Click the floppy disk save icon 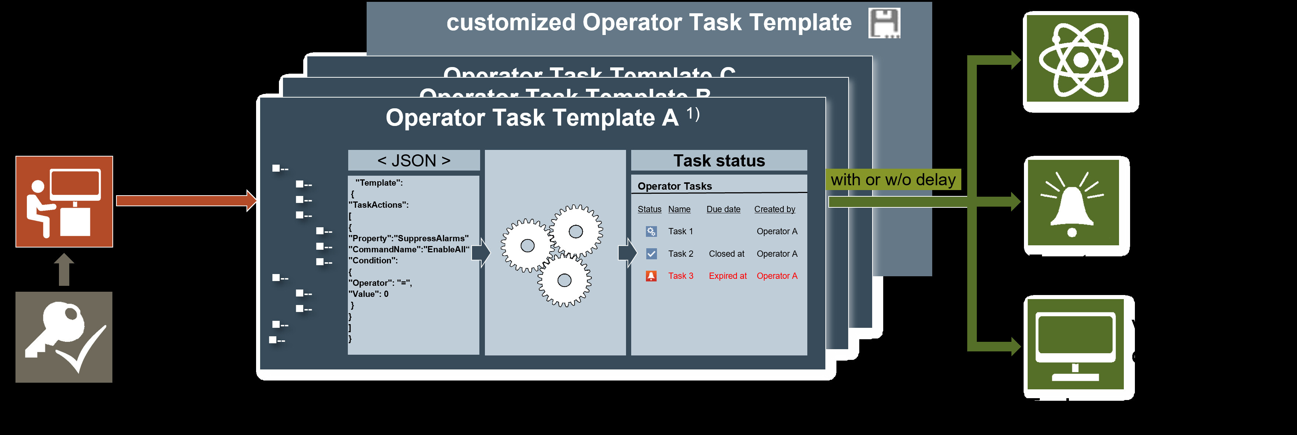(884, 23)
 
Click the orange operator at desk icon (64, 201)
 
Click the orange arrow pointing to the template (186, 201)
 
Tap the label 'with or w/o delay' (893, 180)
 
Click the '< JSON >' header (413, 161)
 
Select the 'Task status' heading (719, 161)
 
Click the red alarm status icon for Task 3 (651, 276)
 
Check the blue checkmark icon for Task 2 (651, 254)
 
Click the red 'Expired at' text (728, 276)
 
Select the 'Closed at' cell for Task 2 (726, 254)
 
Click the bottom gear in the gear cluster (564, 280)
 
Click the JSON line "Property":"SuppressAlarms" (408, 239)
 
